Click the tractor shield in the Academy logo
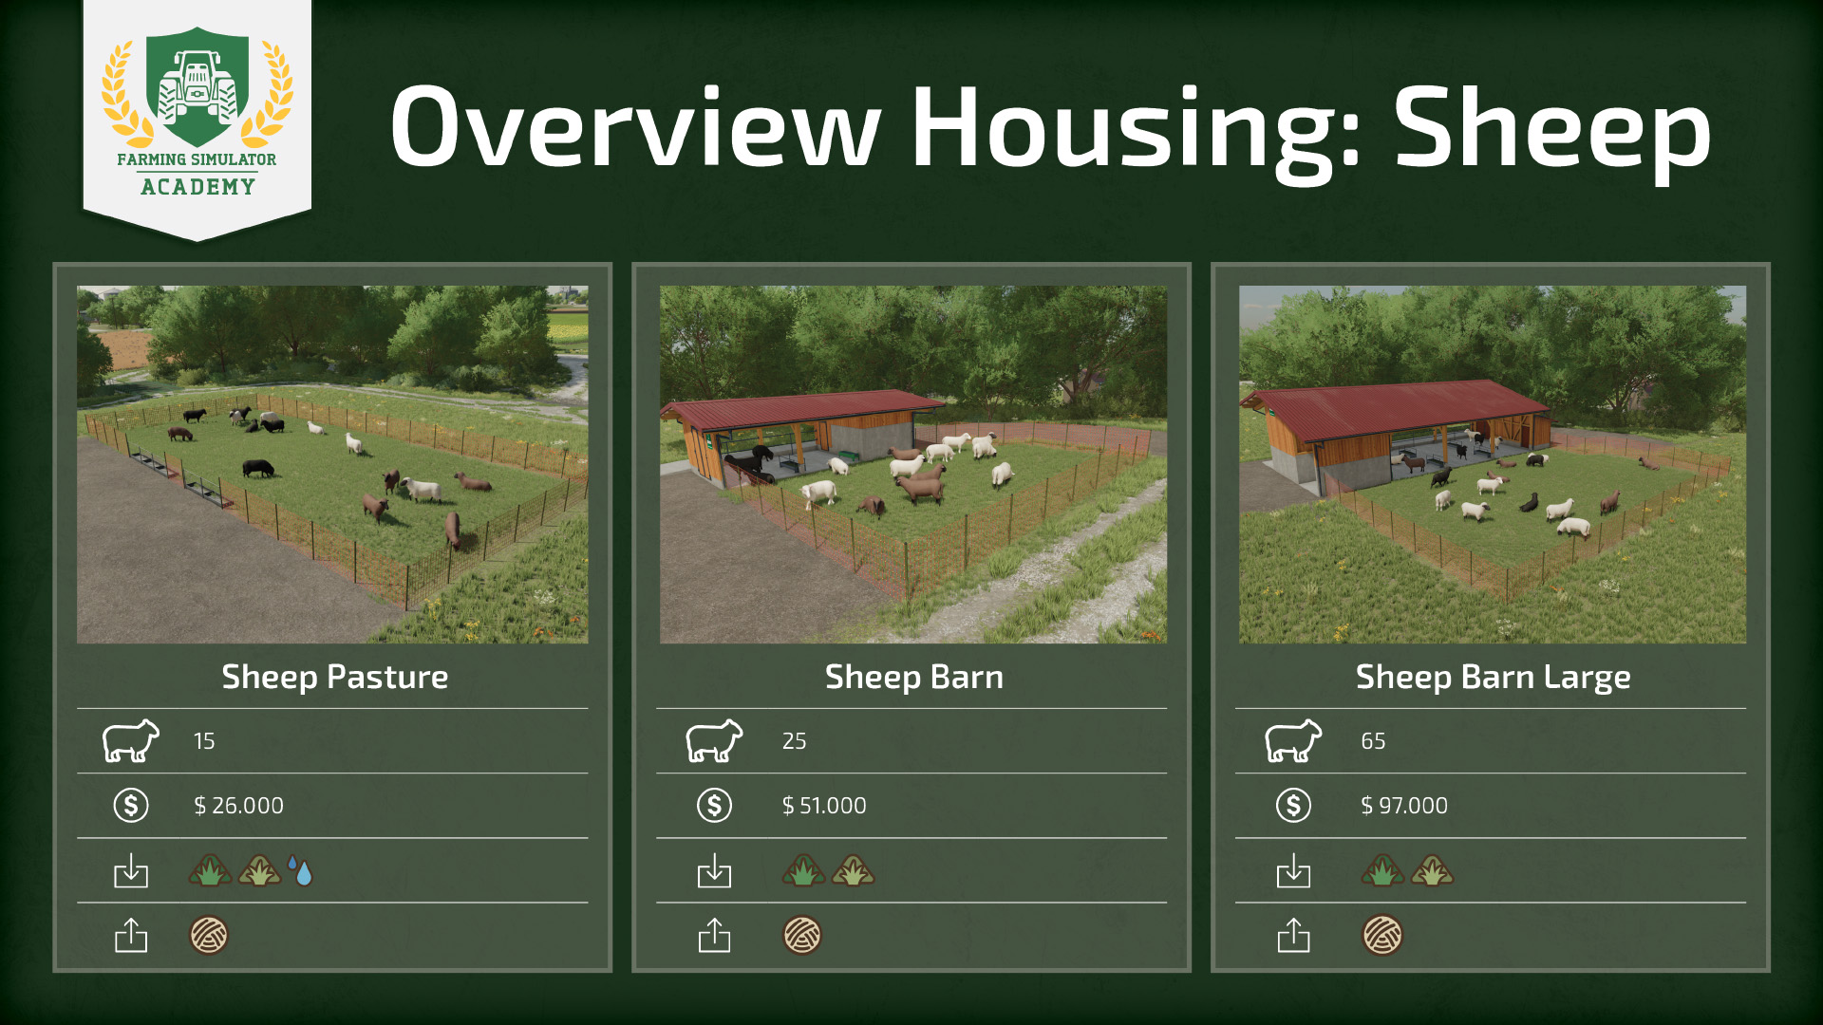click(197, 87)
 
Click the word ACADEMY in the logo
click(197, 187)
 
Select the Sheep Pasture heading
click(334, 677)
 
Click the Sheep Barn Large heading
click(1493, 677)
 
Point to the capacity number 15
click(204, 741)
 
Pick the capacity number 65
click(1373, 741)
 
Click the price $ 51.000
click(823, 806)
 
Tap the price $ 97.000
click(1403, 806)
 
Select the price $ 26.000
click(238, 806)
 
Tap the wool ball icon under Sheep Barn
click(802, 935)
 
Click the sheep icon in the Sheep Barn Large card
click(1293, 741)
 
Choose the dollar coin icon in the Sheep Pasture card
click(131, 806)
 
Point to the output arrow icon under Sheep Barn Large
click(1293, 935)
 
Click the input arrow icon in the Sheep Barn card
click(714, 870)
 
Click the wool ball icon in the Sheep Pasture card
click(209, 935)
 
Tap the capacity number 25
click(794, 741)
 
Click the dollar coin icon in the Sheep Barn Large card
click(1293, 806)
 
